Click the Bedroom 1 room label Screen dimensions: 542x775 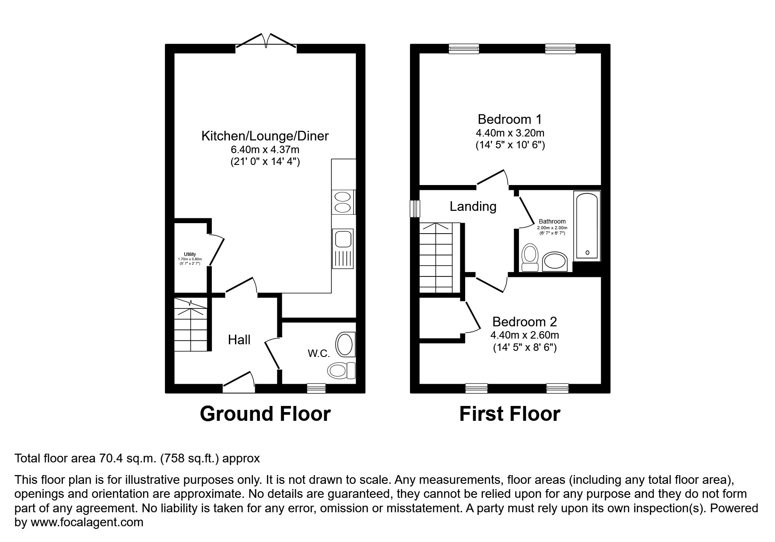pyautogui.click(x=510, y=119)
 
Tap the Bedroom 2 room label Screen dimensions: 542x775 pyautogui.click(x=524, y=322)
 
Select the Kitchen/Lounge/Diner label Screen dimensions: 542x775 pyautogui.click(x=265, y=136)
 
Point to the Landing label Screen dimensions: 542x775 pyautogui.click(x=473, y=206)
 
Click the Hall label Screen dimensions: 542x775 pyautogui.click(x=239, y=340)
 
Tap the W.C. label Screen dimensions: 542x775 pyautogui.click(x=319, y=353)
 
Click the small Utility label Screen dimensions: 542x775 pyautogui.click(x=190, y=254)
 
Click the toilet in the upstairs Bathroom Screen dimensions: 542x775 pyautogui.click(x=530, y=258)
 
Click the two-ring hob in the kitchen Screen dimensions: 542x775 pyautogui.click(x=343, y=202)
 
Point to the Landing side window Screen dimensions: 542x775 pyautogui.click(x=414, y=209)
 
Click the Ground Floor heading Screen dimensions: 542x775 pyautogui.click(x=265, y=414)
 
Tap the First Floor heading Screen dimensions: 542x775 pyautogui.click(x=509, y=414)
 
